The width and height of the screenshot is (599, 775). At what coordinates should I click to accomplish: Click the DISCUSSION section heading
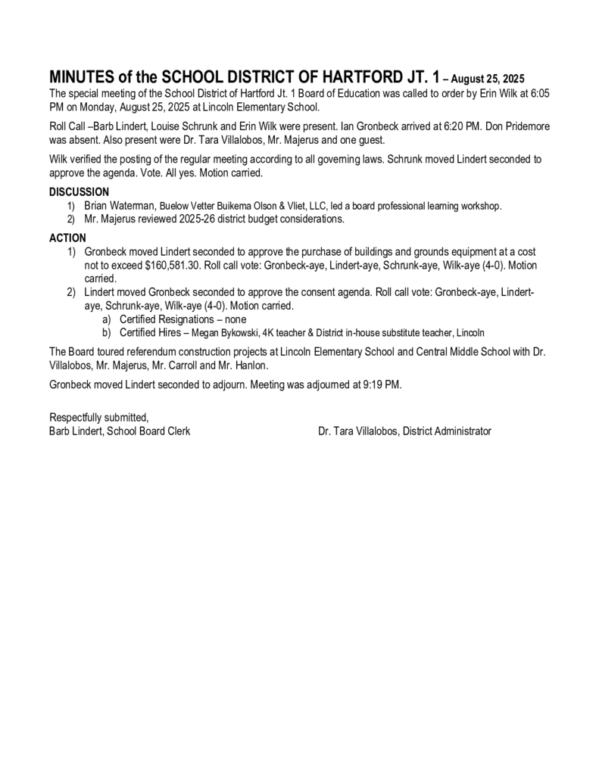79,192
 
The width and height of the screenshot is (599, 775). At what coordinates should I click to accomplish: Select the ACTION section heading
67,238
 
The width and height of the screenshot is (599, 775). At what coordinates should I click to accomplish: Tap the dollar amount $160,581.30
172,266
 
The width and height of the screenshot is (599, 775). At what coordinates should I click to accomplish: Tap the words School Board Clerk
148,431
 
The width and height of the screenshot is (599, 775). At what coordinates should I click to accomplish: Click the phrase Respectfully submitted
98,417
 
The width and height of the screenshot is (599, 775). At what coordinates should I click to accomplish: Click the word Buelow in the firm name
174,206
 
